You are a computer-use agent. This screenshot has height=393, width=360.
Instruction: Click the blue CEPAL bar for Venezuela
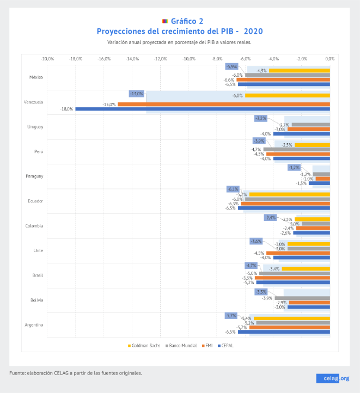[x=202, y=109]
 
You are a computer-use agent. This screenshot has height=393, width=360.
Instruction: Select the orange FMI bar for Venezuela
[x=223, y=104]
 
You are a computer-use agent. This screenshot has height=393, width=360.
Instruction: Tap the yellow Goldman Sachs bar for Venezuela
[x=287, y=96]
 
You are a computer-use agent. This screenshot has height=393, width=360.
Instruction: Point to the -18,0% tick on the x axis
[x=75, y=59]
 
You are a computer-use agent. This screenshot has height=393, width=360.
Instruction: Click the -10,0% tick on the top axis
[x=188, y=59]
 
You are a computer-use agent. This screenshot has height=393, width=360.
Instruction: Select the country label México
[x=36, y=77]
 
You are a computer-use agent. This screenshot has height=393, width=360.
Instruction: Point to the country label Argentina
[x=34, y=325]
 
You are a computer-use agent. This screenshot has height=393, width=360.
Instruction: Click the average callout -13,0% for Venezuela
[x=137, y=94]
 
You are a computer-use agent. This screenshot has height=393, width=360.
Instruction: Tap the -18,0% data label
[x=66, y=109]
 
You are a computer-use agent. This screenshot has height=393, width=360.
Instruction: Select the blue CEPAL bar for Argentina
[x=284, y=331]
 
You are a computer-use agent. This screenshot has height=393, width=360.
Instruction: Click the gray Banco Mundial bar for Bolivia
[x=302, y=298]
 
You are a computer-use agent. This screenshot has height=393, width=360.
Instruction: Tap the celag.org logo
[x=332, y=378]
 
